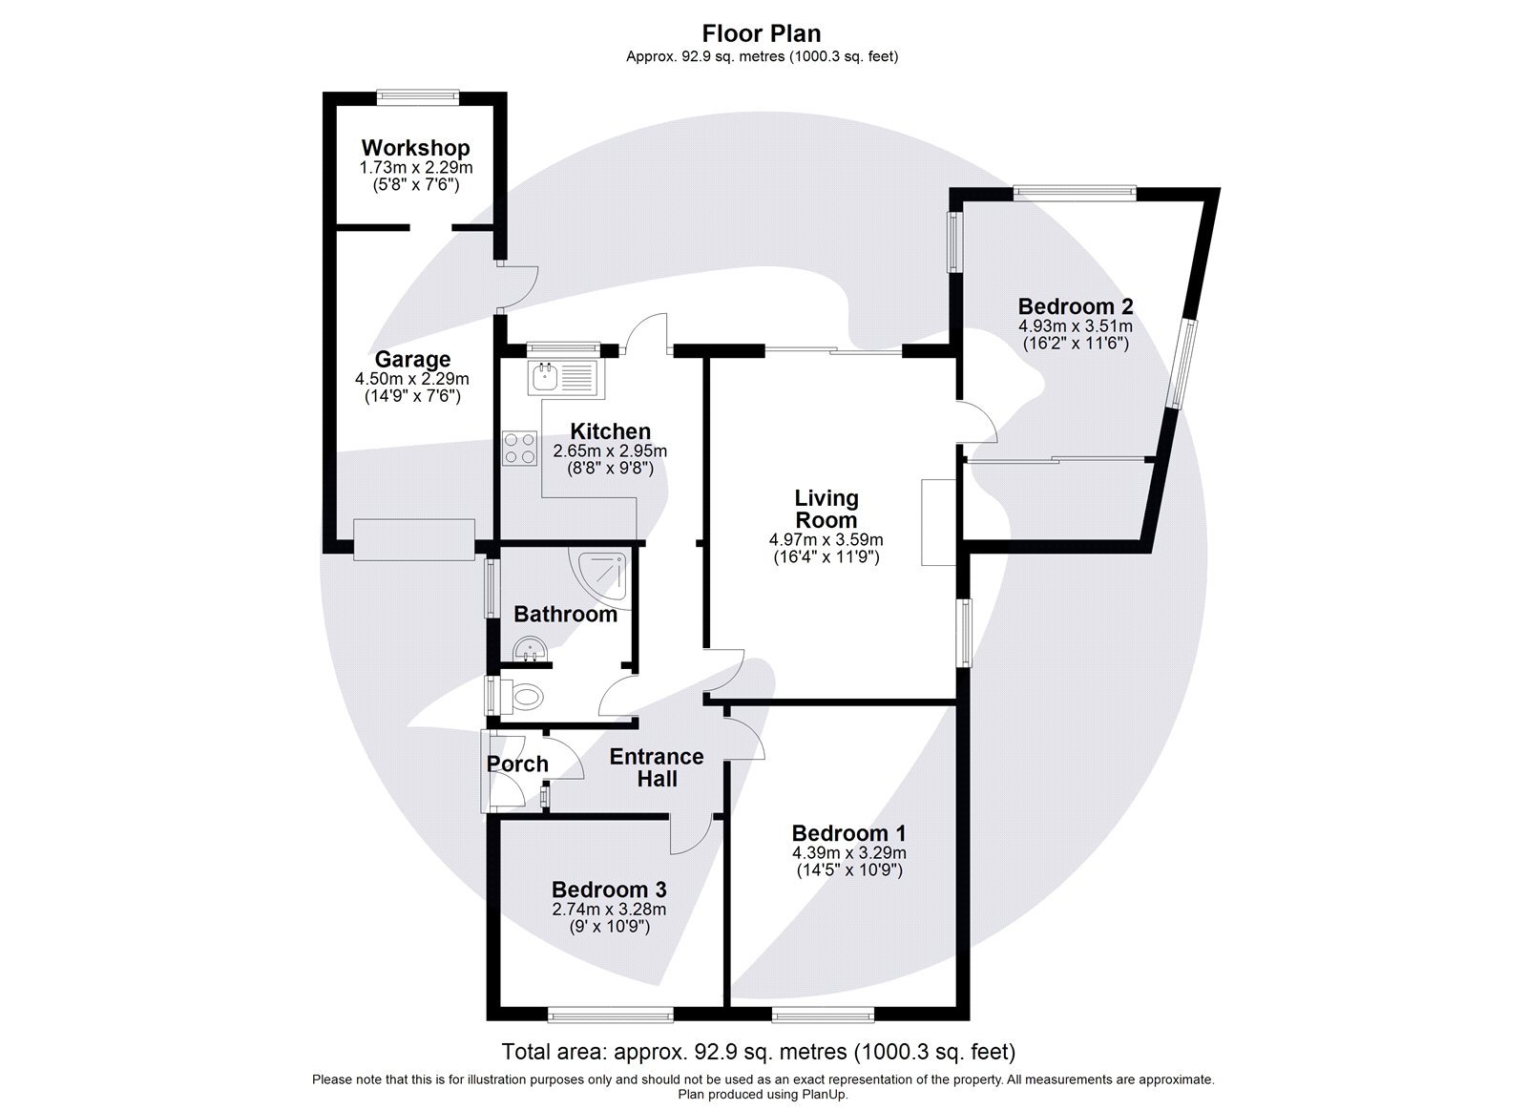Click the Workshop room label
(415, 148)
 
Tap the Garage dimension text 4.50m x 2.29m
(412, 379)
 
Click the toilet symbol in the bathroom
(521, 696)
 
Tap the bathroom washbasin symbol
(528, 651)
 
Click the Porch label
(517, 764)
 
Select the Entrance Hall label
(657, 767)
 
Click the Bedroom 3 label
(609, 890)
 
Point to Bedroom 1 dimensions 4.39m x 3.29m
(848, 852)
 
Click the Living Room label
(826, 509)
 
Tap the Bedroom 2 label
(1076, 306)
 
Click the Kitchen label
(610, 431)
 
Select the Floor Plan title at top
(762, 33)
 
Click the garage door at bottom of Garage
(414, 539)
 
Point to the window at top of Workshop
(417, 94)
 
